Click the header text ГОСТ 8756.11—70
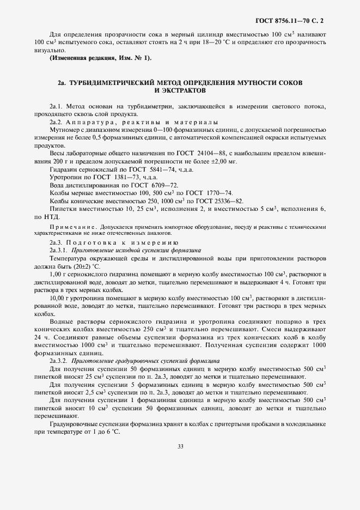pyautogui.click(x=283, y=21)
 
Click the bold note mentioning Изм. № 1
pyautogui.click(x=101, y=58)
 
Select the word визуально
pyautogui.click(x=49, y=49)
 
